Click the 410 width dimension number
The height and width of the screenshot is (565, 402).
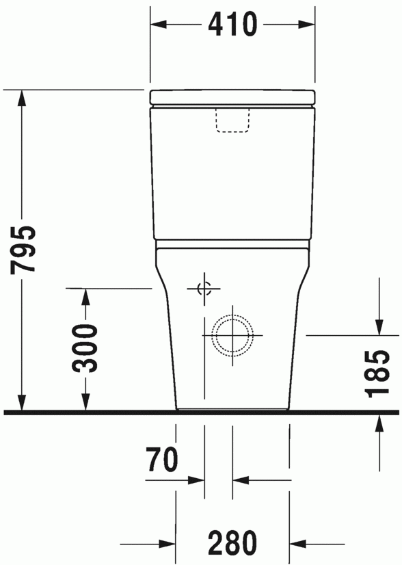click(232, 24)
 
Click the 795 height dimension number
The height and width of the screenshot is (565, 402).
click(23, 250)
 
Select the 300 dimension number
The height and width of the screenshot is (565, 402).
click(85, 348)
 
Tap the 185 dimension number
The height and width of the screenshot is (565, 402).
click(377, 373)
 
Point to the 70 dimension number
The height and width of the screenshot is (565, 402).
click(162, 459)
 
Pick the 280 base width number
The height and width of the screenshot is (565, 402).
click(232, 542)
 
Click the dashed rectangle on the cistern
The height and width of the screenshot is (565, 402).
click(232, 120)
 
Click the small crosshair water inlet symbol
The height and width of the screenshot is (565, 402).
click(204, 289)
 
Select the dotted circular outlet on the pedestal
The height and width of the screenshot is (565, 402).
click(232, 335)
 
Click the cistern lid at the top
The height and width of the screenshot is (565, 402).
click(232, 97)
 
